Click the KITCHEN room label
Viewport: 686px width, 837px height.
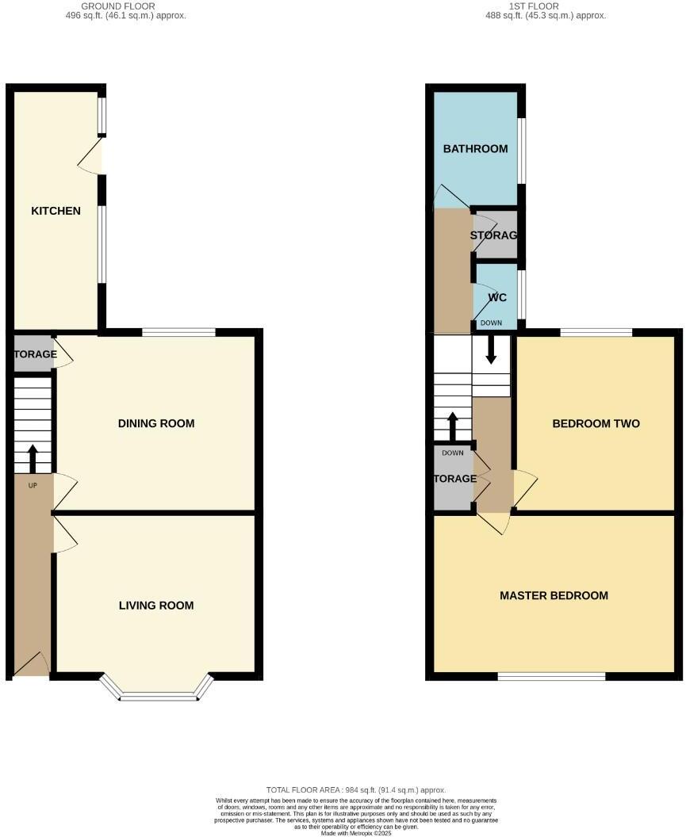click(x=56, y=211)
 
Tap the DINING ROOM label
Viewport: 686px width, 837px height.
click(x=156, y=423)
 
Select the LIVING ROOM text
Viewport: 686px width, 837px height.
click(x=156, y=606)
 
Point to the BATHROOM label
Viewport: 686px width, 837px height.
click(x=475, y=149)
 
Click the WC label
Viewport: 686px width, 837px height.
click(x=497, y=298)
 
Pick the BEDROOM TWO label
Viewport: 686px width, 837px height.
click(x=596, y=423)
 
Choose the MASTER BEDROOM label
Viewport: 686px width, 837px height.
click(x=554, y=596)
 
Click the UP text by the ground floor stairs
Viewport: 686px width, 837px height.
click(x=33, y=485)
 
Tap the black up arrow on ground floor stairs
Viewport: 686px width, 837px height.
click(x=33, y=457)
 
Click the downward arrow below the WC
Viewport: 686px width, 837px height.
click(x=491, y=350)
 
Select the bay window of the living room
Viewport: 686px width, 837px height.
click(x=157, y=695)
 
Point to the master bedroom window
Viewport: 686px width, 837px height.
click(x=551, y=676)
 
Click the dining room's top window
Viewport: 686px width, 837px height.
click(x=178, y=332)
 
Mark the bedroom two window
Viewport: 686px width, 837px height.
click(x=596, y=332)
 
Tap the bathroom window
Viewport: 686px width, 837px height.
click(x=521, y=151)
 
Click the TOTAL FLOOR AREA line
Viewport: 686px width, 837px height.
click(x=356, y=790)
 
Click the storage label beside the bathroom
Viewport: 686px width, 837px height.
click(x=493, y=235)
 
